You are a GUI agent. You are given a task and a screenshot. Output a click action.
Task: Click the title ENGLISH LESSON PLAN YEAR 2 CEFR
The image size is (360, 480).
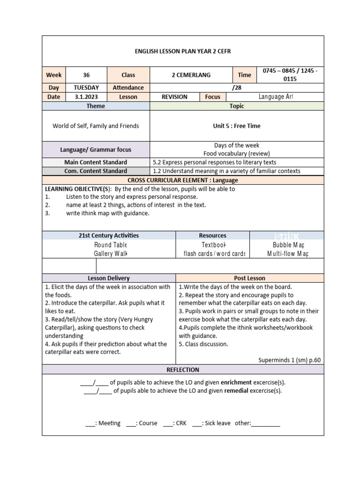click(183, 51)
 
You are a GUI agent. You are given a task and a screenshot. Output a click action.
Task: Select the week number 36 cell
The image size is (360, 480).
click(86, 75)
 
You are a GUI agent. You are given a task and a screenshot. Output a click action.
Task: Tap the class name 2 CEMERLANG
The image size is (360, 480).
click(191, 75)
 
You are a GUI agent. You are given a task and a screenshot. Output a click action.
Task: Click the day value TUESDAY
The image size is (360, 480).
click(86, 88)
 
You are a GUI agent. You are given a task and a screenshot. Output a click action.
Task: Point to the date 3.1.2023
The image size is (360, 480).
click(86, 97)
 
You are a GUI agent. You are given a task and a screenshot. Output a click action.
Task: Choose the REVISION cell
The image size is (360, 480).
click(174, 97)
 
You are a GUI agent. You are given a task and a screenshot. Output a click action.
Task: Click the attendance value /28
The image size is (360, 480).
click(237, 88)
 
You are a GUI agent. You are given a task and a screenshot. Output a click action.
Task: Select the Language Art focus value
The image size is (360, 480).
click(276, 97)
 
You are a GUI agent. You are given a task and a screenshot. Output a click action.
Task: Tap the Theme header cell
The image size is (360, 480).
click(96, 106)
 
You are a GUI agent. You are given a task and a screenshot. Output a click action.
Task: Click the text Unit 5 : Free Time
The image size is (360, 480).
click(237, 126)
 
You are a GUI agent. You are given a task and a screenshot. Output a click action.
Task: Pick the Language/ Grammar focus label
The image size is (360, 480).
click(96, 150)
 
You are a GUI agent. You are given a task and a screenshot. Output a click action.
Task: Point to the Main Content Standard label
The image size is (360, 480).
click(96, 162)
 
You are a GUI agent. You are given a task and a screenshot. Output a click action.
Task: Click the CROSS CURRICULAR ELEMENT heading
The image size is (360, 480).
click(183, 180)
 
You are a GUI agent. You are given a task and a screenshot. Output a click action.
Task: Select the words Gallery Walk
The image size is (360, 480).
click(110, 254)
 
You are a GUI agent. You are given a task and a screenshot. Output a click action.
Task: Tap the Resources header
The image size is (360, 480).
click(212, 236)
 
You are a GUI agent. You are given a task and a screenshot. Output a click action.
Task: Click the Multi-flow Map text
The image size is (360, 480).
click(288, 254)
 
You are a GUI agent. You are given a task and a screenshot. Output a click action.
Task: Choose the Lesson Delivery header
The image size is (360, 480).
click(109, 278)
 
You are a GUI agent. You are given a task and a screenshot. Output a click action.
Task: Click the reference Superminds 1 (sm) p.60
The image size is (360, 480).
click(290, 360)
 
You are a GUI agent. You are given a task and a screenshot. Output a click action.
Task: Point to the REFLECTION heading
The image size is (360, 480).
click(183, 370)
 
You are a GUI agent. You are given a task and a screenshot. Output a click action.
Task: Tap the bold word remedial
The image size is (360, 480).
click(236, 391)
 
